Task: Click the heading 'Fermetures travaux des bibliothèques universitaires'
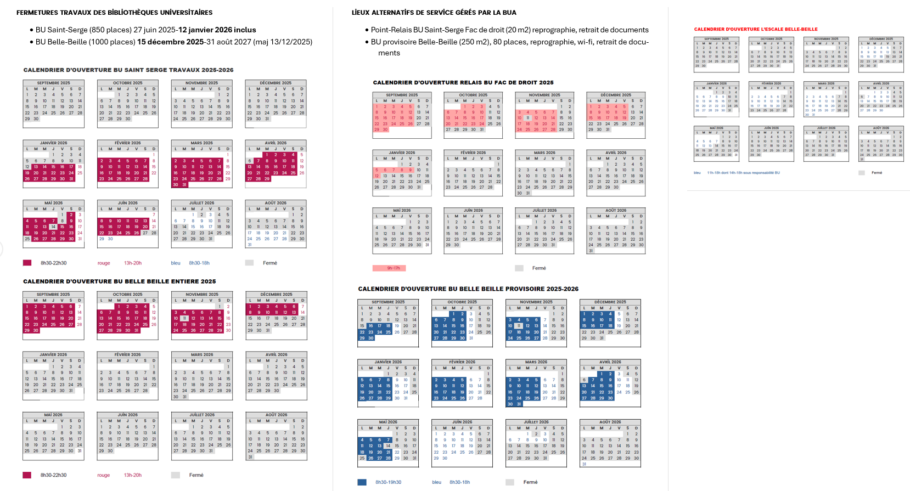click(x=114, y=13)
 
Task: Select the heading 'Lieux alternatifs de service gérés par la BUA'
click(x=434, y=13)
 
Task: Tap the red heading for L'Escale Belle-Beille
click(x=756, y=29)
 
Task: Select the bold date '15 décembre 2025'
click(x=171, y=42)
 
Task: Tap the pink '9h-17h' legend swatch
click(x=389, y=268)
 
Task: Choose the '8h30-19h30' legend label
click(x=388, y=482)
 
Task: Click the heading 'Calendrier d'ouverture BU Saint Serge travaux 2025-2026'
click(x=128, y=70)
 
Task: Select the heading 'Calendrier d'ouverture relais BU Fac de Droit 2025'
click(x=463, y=83)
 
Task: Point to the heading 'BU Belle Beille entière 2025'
click(x=120, y=281)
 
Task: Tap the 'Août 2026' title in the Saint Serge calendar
click(x=276, y=203)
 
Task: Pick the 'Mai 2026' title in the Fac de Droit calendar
click(x=402, y=210)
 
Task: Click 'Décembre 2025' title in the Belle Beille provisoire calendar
click(x=610, y=302)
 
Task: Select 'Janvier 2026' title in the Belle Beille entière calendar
click(x=53, y=354)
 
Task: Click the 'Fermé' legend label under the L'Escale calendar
click(x=877, y=173)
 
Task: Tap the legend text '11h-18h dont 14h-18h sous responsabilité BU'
click(x=743, y=173)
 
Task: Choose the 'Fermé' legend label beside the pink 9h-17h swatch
click(x=539, y=268)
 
